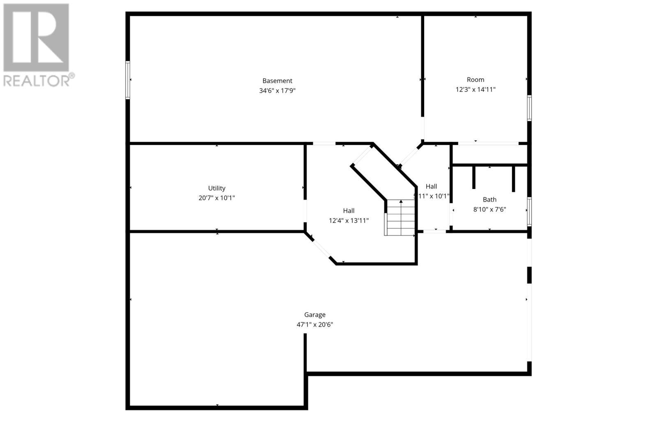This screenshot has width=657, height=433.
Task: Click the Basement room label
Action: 278,81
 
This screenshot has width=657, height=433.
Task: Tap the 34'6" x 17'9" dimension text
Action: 278,91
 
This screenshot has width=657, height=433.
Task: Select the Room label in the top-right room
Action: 476,80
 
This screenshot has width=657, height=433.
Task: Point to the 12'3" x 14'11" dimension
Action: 476,90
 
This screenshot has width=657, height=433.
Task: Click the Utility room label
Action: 217,188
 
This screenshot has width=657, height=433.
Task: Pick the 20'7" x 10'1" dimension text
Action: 217,198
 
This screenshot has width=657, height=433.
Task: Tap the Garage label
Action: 315,315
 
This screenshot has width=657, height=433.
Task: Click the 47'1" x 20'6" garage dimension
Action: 315,325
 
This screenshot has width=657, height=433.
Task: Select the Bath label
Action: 489,200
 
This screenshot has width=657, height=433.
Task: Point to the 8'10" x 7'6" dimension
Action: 489,210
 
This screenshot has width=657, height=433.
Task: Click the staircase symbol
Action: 400,218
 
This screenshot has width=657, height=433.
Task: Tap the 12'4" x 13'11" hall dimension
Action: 349,221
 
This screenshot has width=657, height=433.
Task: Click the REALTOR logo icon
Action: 36,37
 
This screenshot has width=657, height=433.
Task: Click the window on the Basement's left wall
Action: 128,80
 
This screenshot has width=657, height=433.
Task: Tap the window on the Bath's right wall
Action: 529,212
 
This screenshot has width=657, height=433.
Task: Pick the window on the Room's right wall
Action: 529,108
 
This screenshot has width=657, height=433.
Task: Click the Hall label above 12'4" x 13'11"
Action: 349,211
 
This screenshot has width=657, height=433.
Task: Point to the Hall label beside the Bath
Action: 432,187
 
